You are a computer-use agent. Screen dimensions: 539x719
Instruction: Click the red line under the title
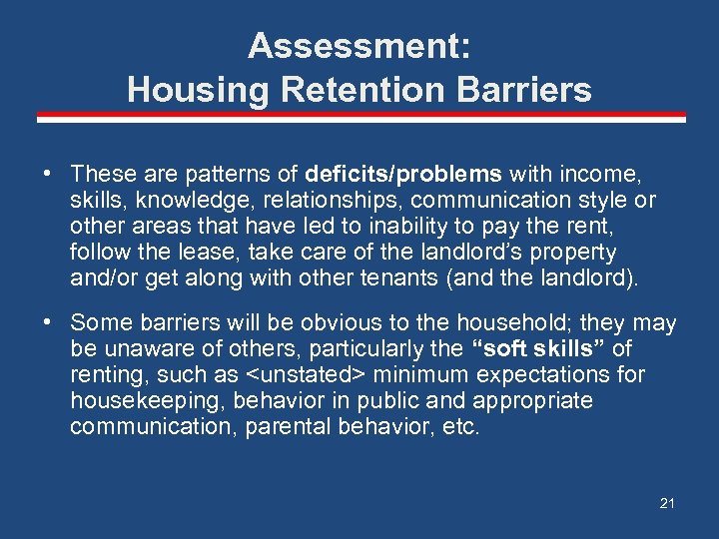(x=360, y=117)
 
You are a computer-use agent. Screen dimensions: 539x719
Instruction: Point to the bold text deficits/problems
(x=391, y=174)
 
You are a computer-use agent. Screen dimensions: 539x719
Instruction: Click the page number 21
(x=667, y=503)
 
